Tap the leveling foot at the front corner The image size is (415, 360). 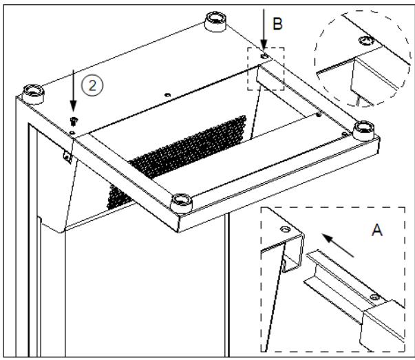[x=181, y=201]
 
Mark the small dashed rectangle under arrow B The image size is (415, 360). [x=266, y=68]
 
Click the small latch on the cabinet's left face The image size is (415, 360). [x=67, y=158]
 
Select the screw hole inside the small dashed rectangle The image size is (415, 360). [x=264, y=55]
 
